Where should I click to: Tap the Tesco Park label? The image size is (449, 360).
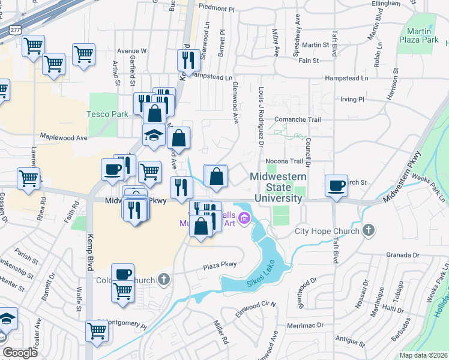click(x=100, y=113)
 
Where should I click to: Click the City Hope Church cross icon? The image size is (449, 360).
click(x=369, y=230)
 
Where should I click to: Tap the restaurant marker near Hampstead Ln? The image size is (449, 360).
click(x=188, y=60)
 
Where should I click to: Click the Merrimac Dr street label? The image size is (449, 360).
click(x=306, y=325)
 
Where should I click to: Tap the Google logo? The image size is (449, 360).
click(x=19, y=353)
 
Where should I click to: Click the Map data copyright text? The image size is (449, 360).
click(x=423, y=355)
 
